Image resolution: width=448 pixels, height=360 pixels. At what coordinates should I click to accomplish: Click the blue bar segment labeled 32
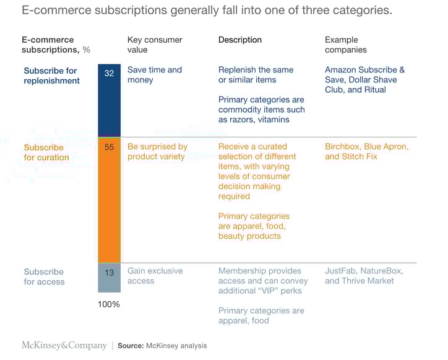coord(110,99)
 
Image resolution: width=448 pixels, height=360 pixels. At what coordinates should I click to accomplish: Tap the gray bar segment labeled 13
coord(110,277)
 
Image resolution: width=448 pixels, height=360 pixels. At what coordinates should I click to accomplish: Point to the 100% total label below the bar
coord(110,304)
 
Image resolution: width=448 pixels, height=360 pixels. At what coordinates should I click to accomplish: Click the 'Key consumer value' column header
coord(155,45)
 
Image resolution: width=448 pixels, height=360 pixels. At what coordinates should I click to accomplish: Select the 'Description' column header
coord(240,40)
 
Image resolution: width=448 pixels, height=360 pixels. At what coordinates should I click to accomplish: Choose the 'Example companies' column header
coord(345,45)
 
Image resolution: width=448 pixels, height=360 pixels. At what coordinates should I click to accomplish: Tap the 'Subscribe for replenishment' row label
coord(52,75)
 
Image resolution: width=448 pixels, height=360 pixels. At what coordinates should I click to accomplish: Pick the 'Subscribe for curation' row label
coord(46,152)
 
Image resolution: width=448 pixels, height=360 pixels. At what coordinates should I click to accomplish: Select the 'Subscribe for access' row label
coord(44,276)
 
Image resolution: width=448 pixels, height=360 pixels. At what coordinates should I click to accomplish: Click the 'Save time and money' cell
coord(155,75)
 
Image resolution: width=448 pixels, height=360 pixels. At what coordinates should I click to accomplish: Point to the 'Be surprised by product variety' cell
coord(157,152)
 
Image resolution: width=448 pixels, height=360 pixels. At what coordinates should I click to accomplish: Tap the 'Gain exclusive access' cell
coord(155,276)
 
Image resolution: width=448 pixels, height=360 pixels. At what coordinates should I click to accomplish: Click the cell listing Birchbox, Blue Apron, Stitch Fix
coord(366,152)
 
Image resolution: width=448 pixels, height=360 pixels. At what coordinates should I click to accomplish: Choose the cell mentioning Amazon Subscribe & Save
coord(364,80)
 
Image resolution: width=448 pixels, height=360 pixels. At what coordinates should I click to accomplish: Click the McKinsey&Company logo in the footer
coord(64,346)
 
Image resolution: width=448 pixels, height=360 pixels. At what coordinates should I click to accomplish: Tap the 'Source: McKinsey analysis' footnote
coord(162,346)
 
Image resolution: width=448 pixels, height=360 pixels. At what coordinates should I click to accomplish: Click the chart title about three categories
coord(207,11)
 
